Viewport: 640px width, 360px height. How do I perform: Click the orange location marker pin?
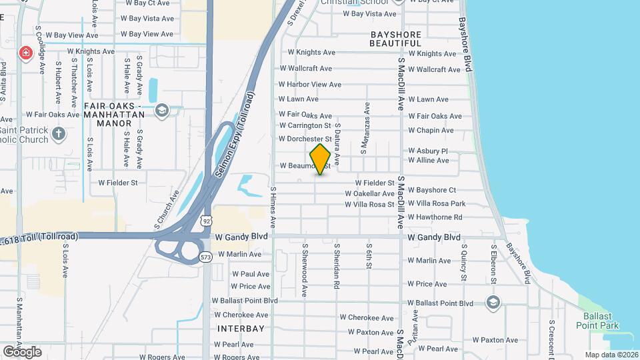coord(320,159)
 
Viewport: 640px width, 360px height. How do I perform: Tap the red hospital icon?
coord(26,52)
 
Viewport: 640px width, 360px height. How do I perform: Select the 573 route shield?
coord(206,257)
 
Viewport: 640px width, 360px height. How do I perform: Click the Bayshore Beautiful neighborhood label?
coord(396,38)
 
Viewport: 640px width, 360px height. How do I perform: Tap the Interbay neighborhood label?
coord(241,329)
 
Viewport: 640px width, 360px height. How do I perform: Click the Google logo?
coord(22,351)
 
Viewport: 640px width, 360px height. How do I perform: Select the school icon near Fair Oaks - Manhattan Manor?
coord(161,110)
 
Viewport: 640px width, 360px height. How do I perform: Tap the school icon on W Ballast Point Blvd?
coord(493,303)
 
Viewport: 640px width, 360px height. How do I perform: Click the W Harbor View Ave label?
coord(309,85)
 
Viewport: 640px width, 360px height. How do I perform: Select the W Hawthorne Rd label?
coord(435,217)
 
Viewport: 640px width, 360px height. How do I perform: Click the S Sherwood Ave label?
coord(305,269)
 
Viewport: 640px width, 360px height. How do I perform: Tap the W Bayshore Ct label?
coord(432,190)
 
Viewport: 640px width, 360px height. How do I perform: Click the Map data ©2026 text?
coord(611,355)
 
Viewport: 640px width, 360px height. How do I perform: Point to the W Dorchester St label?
coord(305,139)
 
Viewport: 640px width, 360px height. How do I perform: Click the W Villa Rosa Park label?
coord(436,203)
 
